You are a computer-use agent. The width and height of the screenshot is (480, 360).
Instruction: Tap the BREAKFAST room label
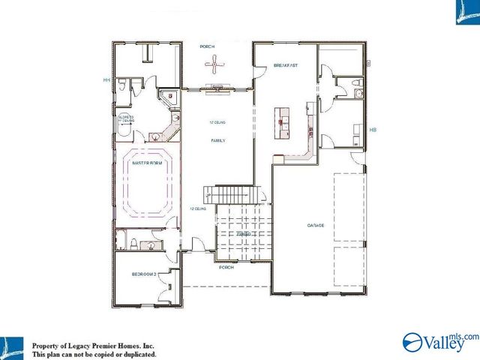tap(286, 66)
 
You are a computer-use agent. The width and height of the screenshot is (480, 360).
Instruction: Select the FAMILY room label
tap(217, 140)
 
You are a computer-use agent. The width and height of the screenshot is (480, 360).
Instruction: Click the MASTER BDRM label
tap(146, 163)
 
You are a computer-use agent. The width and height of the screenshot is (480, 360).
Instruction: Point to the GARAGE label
tap(315, 225)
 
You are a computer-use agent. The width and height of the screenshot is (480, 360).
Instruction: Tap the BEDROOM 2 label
tap(144, 274)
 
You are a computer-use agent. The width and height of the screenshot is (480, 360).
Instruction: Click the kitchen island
tap(282, 123)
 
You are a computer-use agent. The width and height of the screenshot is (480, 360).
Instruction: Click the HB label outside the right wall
tap(373, 130)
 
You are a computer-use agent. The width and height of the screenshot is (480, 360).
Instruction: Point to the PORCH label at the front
tap(225, 267)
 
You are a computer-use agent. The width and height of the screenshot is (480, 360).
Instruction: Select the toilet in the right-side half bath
tap(358, 94)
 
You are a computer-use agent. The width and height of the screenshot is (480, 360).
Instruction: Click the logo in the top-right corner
tap(466, 12)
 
